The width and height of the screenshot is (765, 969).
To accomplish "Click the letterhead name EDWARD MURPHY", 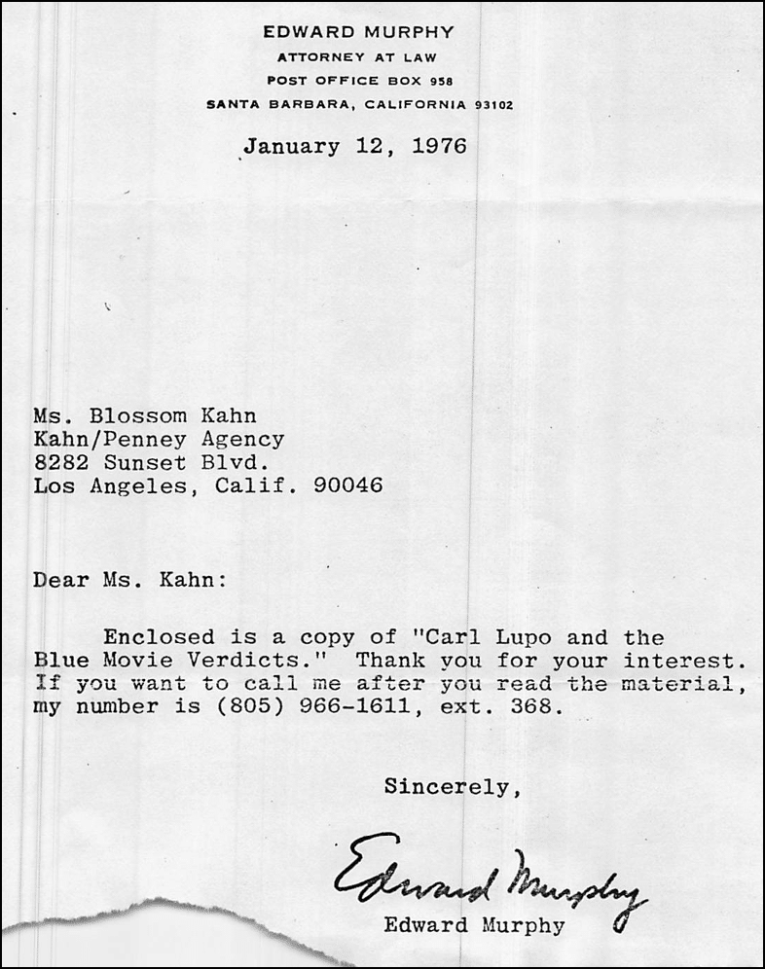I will pyautogui.click(x=358, y=32).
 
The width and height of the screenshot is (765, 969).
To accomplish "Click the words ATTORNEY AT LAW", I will pyautogui.click(x=358, y=56).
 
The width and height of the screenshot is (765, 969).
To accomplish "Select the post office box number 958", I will pyautogui.click(x=441, y=81).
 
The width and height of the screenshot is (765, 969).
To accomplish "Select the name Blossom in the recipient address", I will pyautogui.click(x=141, y=418).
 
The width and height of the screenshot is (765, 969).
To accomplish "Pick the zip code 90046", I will pyautogui.click(x=348, y=484).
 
